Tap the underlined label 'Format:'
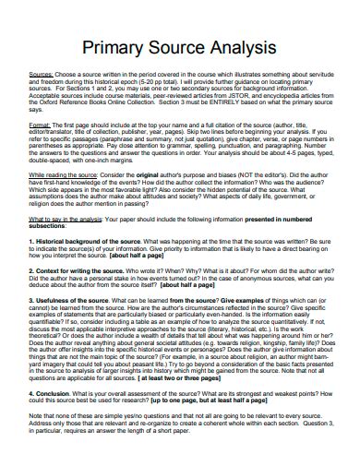coord(41,123)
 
